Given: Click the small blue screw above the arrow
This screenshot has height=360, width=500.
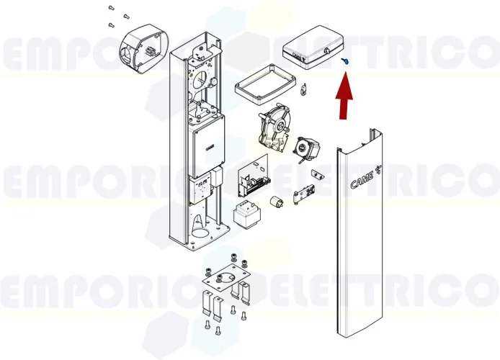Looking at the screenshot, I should click(x=345, y=63).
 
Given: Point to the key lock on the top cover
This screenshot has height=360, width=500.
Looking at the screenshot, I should click(x=326, y=52).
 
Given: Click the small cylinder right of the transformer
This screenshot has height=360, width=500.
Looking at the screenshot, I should click(x=274, y=204).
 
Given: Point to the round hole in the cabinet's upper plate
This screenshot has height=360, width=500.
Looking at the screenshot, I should click(x=200, y=79).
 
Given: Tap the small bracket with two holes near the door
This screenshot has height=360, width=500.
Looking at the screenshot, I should click(x=317, y=174).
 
